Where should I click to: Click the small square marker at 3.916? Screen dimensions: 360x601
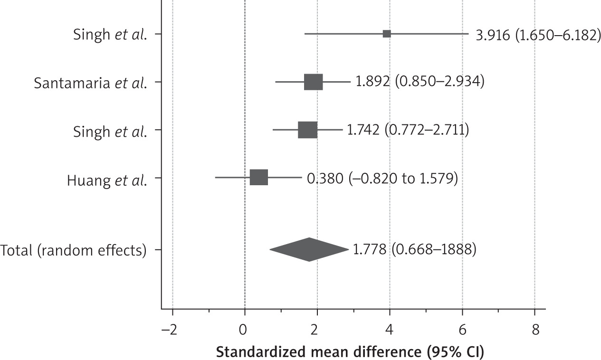(x=387, y=34)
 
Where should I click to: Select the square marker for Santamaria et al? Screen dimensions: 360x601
(x=313, y=82)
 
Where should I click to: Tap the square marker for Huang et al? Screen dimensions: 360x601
(x=259, y=177)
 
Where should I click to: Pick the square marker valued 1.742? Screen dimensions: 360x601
(x=307, y=130)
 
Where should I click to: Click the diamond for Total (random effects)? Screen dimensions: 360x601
(x=309, y=249)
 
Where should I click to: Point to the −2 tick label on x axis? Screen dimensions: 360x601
(x=170, y=330)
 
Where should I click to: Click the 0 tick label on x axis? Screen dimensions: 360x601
(x=245, y=330)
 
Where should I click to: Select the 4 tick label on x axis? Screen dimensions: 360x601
(x=390, y=330)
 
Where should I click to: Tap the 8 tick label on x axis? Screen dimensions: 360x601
(x=534, y=330)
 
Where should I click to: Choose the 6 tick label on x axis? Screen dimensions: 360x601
(x=462, y=330)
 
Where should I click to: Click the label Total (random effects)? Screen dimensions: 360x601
(x=73, y=250)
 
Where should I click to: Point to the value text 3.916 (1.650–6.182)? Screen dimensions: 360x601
(x=538, y=35)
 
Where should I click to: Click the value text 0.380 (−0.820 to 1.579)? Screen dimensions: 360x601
(x=382, y=179)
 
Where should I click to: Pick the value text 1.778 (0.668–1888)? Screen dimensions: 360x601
(x=414, y=249)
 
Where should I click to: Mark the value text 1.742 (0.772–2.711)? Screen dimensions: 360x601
(x=408, y=130)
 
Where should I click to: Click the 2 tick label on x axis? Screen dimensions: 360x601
(x=317, y=330)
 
